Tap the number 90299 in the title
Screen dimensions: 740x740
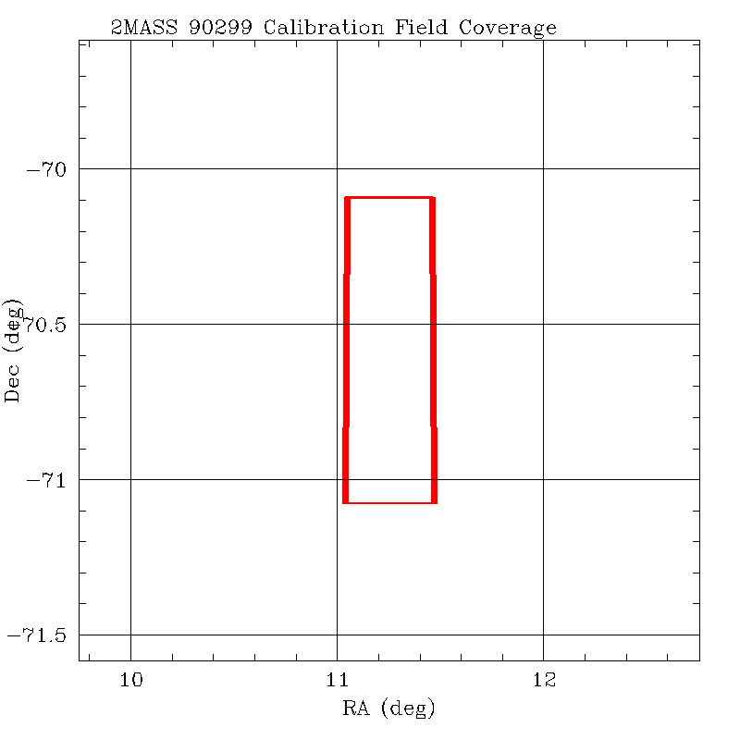223,28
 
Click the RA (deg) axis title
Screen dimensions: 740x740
388,709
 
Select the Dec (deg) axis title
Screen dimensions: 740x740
13,350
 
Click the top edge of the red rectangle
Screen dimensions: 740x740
389,197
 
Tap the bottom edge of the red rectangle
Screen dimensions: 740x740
389,502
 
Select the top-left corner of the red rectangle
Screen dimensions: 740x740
346,197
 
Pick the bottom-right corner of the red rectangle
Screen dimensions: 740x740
434,502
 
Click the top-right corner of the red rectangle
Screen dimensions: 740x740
433,197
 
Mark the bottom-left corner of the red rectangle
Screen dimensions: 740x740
345,502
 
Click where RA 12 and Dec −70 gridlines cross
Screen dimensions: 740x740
543,168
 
